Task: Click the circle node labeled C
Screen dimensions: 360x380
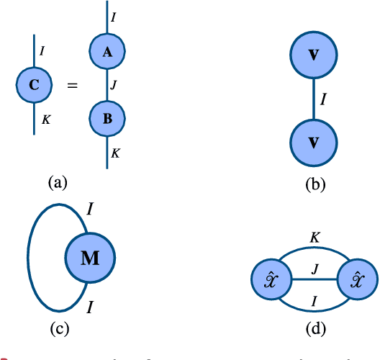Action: click(x=33, y=86)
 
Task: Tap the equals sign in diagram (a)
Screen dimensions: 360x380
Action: click(x=72, y=86)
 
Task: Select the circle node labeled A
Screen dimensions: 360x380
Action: click(x=107, y=50)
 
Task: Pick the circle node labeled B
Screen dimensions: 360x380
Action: click(x=107, y=119)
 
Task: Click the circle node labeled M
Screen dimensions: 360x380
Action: click(x=90, y=258)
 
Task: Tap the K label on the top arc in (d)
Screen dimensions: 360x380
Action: click(x=315, y=235)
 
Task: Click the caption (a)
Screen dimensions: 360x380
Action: click(x=58, y=182)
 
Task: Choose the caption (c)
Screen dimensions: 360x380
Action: click(x=58, y=330)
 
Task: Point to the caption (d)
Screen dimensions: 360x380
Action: click(x=315, y=330)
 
